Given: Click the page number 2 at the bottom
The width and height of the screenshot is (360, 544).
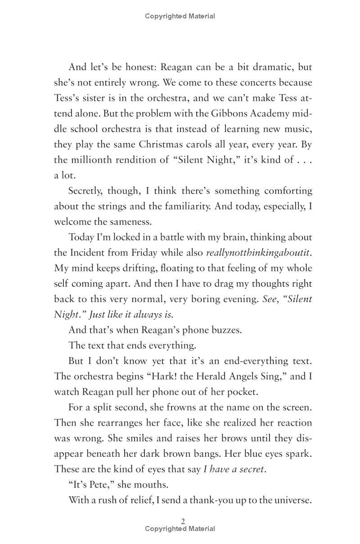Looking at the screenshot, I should click(183, 521).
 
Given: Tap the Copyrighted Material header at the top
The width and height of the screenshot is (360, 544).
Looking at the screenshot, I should click(180, 16).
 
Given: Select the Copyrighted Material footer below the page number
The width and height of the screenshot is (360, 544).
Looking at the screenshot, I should click(180, 529).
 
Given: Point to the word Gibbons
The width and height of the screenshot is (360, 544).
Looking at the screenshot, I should click(237, 113).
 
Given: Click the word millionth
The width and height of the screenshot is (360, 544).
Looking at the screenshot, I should click(93, 160).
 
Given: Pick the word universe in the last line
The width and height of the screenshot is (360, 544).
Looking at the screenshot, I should click(292, 499).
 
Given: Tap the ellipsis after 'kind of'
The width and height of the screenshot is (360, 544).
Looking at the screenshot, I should click(304, 160).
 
